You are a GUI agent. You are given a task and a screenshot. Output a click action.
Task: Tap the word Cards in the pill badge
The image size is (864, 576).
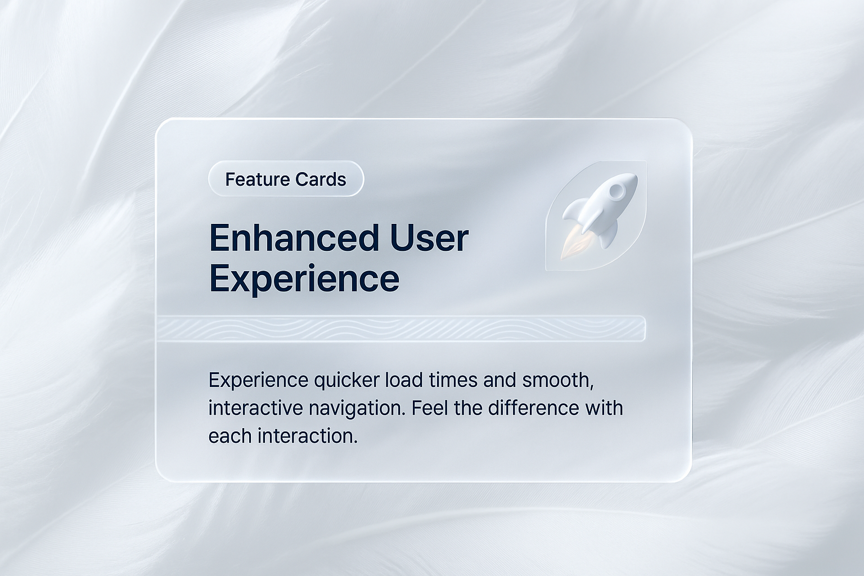point(321,179)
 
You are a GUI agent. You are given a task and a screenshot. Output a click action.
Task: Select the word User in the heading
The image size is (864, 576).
point(429,238)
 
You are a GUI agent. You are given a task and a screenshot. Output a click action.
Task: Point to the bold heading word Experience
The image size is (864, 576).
point(304,280)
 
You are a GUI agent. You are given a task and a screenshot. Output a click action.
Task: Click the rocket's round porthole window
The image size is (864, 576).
point(616,191)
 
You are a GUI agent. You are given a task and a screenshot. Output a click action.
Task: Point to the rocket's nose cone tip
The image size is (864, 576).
point(634,175)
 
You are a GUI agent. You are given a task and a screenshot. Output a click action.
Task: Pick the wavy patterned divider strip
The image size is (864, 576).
point(400,328)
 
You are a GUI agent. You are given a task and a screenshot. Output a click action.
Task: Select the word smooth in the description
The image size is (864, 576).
point(558,381)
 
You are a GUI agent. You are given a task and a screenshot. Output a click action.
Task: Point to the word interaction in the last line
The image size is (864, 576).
point(308,436)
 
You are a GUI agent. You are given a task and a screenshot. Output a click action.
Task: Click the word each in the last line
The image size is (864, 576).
point(230,436)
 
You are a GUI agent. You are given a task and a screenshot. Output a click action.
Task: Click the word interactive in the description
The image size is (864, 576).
point(256,408)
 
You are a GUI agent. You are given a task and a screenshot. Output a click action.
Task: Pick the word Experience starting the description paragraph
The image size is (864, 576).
point(258,381)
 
